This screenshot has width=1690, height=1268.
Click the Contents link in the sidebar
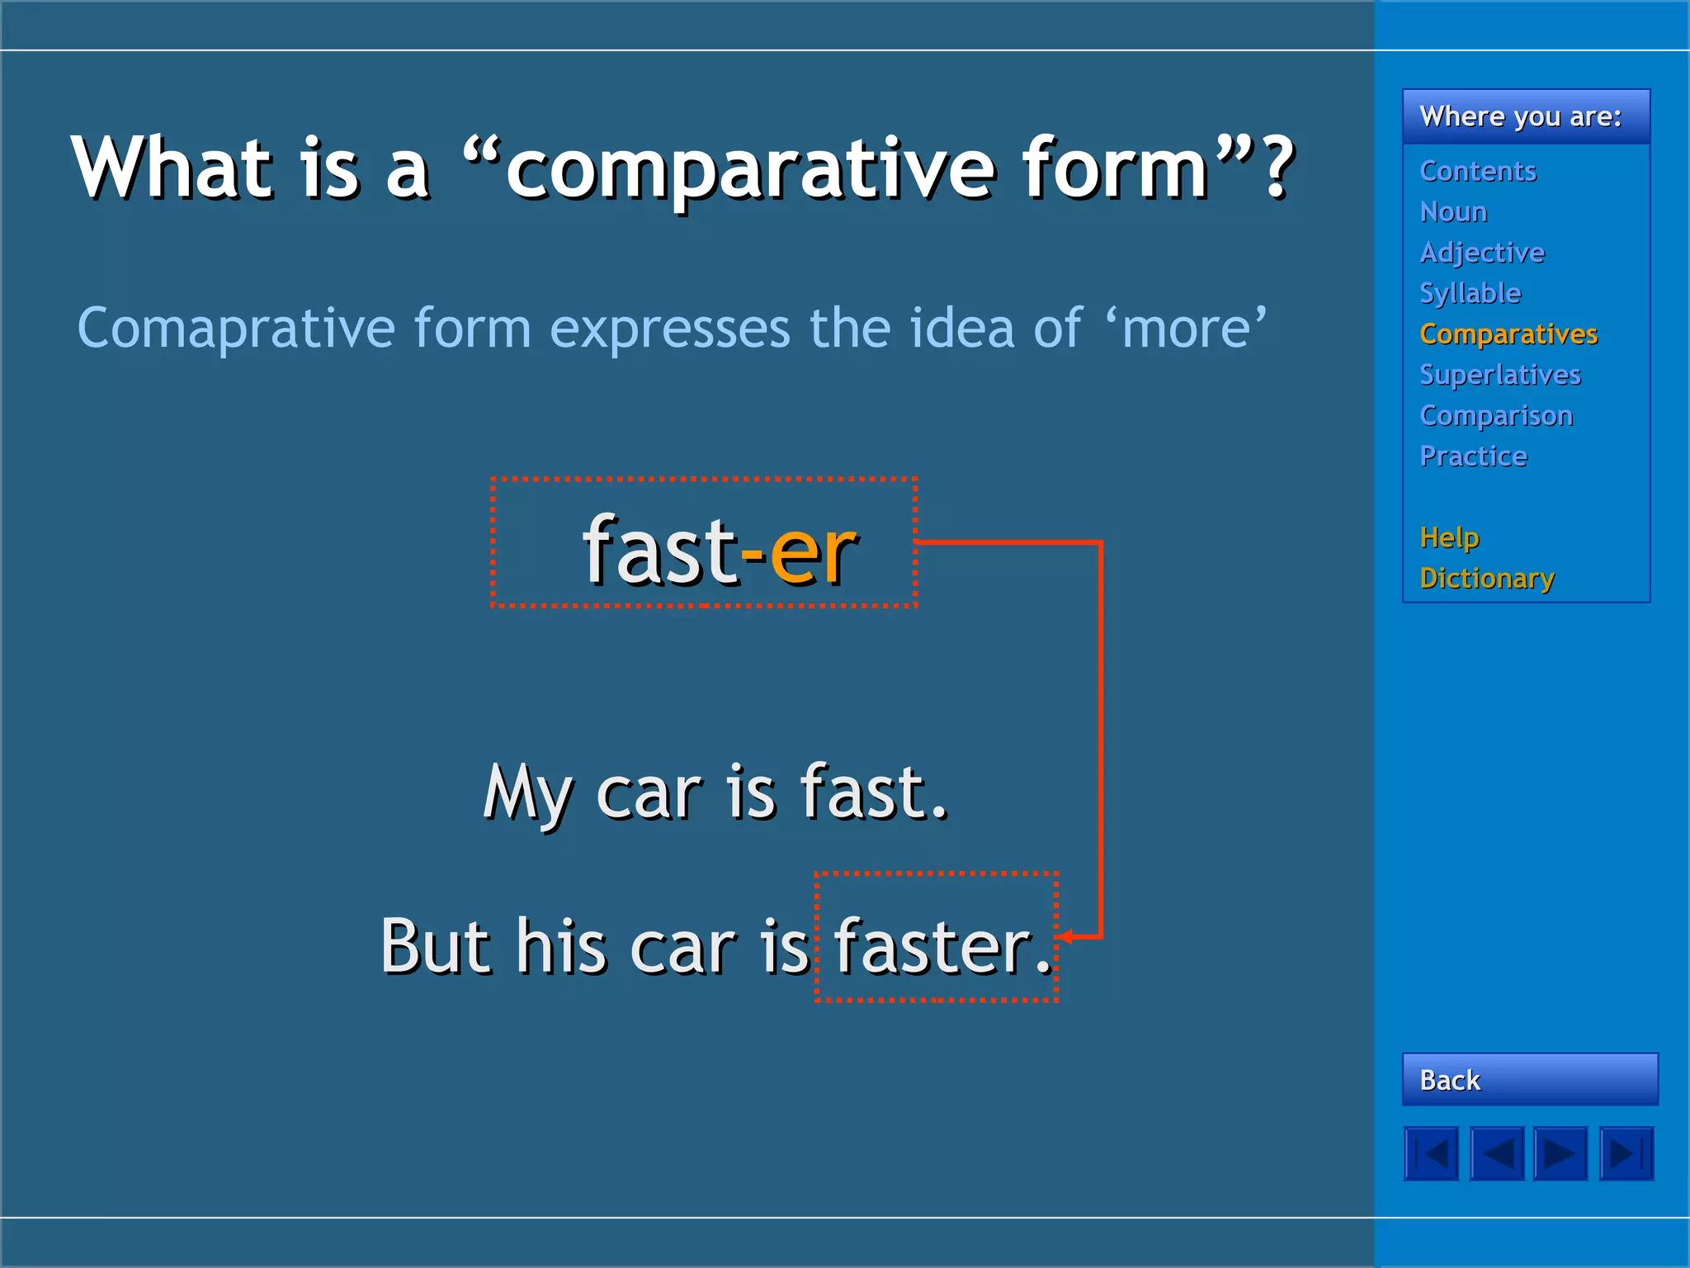(x=1477, y=171)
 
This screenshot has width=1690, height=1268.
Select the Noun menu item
(x=1453, y=212)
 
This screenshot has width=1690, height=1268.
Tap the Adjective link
(x=1482, y=253)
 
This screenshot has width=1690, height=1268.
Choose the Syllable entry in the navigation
(x=1470, y=293)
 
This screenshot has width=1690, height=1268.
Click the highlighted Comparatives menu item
(x=1508, y=334)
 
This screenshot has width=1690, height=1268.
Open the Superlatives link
(x=1499, y=375)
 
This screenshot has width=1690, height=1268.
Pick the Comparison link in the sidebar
(x=1496, y=415)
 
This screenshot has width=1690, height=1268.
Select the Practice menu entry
(x=1473, y=456)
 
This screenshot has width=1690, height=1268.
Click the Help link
(x=1449, y=537)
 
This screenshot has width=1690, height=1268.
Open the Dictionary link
(x=1486, y=578)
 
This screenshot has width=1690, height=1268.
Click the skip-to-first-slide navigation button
(x=1431, y=1153)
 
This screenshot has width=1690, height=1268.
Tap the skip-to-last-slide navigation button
(x=1626, y=1153)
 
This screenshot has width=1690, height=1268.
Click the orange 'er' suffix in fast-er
(x=813, y=553)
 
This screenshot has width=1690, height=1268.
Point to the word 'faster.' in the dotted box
(x=941, y=946)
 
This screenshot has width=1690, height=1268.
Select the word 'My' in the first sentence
(x=526, y=792)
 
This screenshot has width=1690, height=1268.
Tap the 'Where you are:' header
(x=1520, y=116)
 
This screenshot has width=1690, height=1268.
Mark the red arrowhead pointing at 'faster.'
(x=1066, y=937)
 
